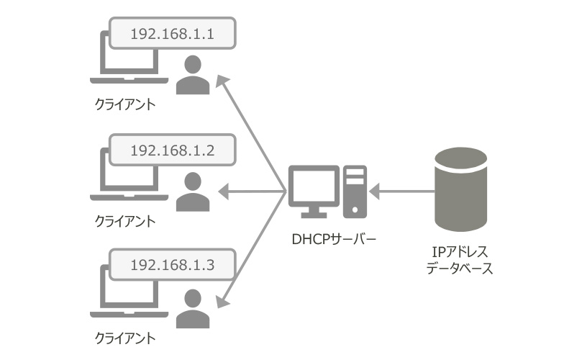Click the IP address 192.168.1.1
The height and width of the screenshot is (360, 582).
[x=171, y=34]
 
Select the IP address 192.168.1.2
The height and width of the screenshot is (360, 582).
[x=171, y=150]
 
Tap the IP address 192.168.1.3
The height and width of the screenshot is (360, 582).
[x=171, y=264]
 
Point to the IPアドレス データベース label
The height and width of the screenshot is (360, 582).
[x=460, y=260]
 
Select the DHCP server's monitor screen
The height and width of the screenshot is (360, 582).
[x=314, y=186]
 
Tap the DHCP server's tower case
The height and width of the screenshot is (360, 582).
[x=355, y=191]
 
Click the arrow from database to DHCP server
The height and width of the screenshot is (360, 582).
[x=403, y=192]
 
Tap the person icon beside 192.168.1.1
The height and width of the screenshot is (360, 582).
[x=191, y=75]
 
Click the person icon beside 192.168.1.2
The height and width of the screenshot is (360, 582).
[x=191, y=192]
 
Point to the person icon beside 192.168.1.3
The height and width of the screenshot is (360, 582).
[x=191, y=308]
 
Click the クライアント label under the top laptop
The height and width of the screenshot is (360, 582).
[x=125, y=105]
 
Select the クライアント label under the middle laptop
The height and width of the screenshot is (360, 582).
[x=125, y=221]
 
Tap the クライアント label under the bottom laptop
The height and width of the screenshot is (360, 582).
[x=125, y=337]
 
